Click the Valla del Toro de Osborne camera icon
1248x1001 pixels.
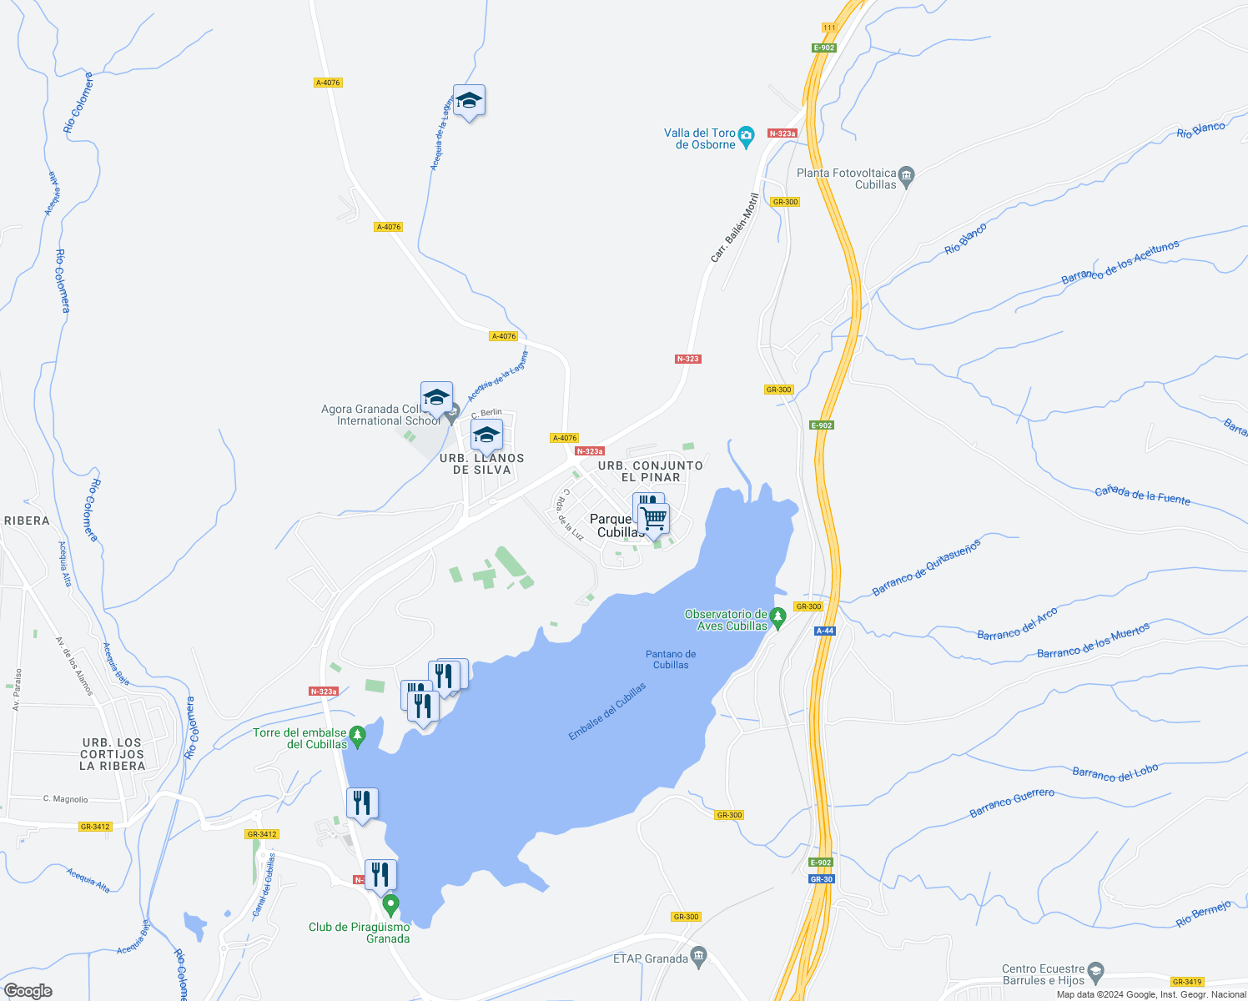[x=747, y=134]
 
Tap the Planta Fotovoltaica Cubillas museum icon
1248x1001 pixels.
[x=907, y=175]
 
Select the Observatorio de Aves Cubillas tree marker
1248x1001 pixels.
[x=777, y=619]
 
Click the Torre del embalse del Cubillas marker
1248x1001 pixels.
[x=357, y=737]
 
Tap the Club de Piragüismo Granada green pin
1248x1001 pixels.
[x=390, y=904]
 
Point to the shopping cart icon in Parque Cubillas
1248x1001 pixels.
[x=654, y=519]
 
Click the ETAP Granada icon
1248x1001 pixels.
[x=699, y=955]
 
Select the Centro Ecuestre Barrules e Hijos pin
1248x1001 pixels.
[x=1096, y=972]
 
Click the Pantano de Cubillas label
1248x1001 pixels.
[x=671, y=660]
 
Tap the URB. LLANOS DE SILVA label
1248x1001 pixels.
[x=481, y=464]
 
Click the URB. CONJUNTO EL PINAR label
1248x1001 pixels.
[x=651, y=471]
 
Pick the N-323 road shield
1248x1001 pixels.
[x=687, y=359]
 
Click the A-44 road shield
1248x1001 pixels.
[x=824, y=631]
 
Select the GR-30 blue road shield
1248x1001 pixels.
[x=821, y=879]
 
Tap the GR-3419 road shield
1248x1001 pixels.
[x=1186, y=982]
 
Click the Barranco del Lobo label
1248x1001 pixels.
[x=1115, y=773]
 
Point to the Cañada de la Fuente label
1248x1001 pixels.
[x=1142, y=495]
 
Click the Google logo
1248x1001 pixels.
[x=28, y=990]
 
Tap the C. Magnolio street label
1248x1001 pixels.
[x=65, y=799]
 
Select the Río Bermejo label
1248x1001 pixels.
[x=1203, y=913]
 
